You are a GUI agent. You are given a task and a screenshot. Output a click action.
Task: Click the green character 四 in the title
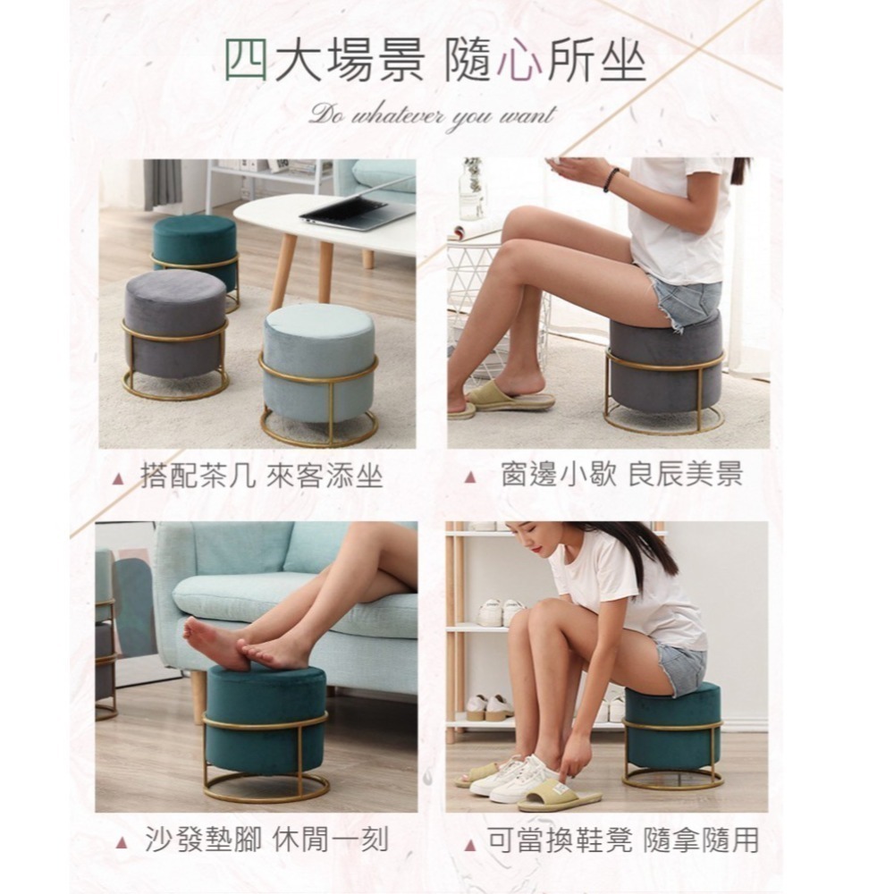tap(246, 61)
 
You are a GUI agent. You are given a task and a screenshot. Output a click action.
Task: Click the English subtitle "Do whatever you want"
tap(432, 114)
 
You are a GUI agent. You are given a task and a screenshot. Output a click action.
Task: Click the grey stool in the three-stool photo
tap(175, 322)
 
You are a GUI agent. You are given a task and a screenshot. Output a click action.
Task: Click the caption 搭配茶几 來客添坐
tap(261, 476)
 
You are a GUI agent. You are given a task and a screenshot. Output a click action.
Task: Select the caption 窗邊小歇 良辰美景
tap(620, 475)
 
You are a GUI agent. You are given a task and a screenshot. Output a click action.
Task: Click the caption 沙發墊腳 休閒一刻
tap(266, 840)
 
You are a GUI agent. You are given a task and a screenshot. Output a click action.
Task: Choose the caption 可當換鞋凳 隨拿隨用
tap(622, 840)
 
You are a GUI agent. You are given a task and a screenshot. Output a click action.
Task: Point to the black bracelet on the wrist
tap(611, 180)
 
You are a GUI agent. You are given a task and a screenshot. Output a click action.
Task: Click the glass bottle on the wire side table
tap(471, 191)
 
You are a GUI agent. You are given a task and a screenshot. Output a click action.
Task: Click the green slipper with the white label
tap(559, 794)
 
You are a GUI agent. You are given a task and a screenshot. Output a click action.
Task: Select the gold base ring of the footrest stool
tap(266, 788)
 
